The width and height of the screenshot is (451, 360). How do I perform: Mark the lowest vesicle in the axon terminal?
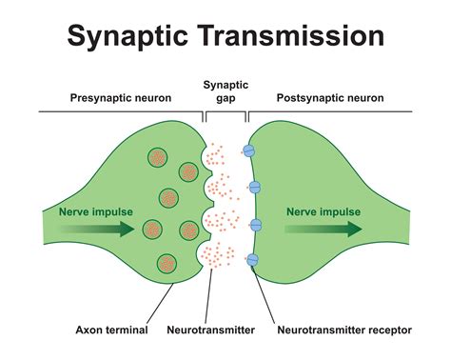coord(168,264)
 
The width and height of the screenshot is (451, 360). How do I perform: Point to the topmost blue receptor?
coord(250,150)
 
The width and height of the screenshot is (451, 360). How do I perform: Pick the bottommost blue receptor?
coord(253,260)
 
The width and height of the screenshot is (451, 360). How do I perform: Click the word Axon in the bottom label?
coord(93,330)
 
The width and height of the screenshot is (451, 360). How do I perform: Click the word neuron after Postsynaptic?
coord(366,99)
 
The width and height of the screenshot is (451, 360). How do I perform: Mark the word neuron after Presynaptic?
coord(157,99)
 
